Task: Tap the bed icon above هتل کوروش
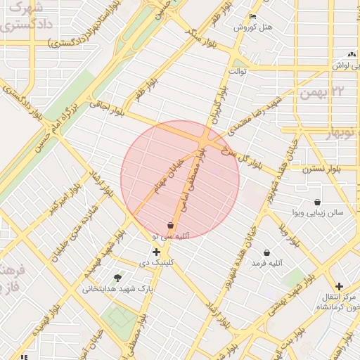point(252,17)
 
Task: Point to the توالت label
point(234,71)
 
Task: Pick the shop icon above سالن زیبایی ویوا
point(318,202)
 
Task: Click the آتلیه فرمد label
point(267,263)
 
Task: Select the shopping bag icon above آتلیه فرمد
point(266,252)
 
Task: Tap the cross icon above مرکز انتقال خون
point(339,286)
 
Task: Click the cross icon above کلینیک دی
point(156,252)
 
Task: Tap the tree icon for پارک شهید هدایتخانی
point(117,278)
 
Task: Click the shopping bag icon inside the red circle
point(170,225)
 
